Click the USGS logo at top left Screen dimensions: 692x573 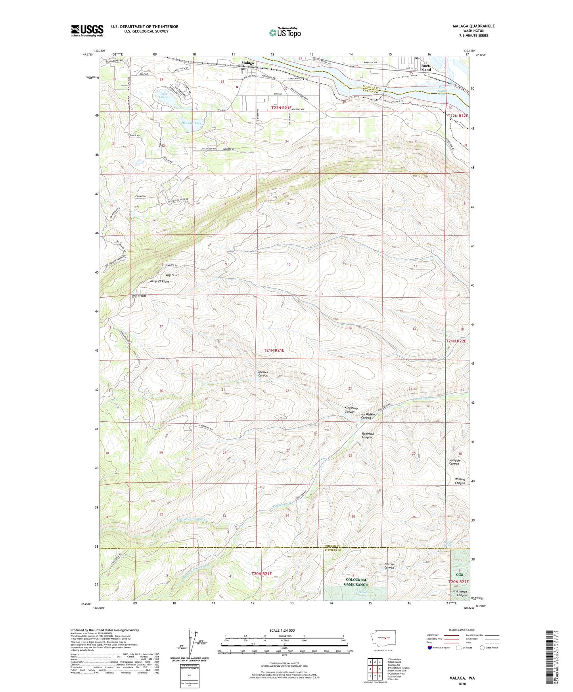click(87, 30)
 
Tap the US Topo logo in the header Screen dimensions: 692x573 click(284, 32)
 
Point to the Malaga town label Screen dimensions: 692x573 click(248, 63)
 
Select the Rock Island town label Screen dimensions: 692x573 click(425, 67)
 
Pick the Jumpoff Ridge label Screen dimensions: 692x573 click(160, 281)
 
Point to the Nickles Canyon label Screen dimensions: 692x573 click(263, 374)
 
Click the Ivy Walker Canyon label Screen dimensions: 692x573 click(368, 416)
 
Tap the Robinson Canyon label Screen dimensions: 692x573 click(368, 435)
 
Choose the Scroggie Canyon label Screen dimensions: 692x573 click(454, 462)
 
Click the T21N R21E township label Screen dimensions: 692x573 click(274, 350)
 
